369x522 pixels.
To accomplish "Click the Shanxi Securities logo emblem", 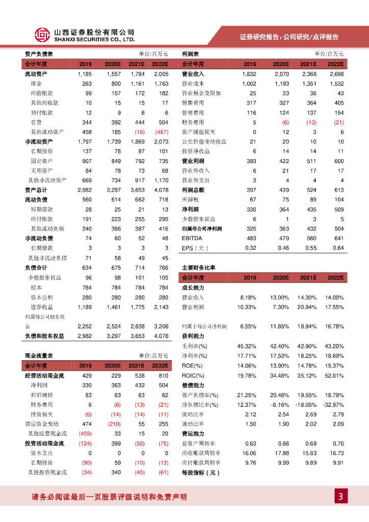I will click(x=42, y=35).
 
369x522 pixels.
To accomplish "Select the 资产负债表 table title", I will click(x=39, y=54).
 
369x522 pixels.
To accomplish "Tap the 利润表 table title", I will click(x=190, y=54).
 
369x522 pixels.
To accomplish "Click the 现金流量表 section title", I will click(x=39, y=356).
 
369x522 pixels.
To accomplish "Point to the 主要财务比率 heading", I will click(x=199, y=268).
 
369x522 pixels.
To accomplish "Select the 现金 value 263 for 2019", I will click(x=86, y=84).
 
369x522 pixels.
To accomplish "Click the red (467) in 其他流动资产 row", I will click(x=160, y=132).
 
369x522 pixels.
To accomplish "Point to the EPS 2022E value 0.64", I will click(x=338, y=248).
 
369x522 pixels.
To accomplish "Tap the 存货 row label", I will click(x=36, y=122).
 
